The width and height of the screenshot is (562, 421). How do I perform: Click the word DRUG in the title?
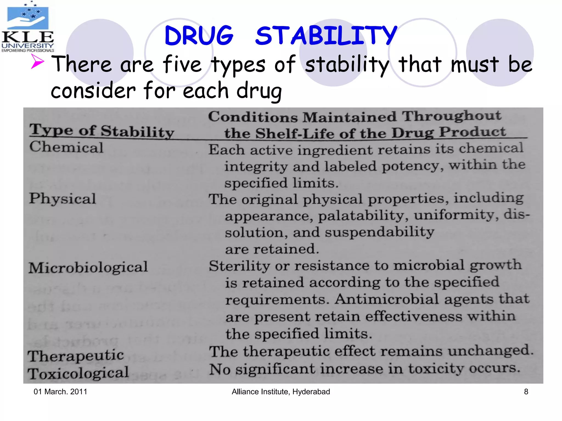pos(199,36)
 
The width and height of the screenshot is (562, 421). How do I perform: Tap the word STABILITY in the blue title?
pos(326,36)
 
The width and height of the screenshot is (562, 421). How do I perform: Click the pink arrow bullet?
pos(37,61)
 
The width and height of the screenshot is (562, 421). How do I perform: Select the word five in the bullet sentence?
pos(182,64)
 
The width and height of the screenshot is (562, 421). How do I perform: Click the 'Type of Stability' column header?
pos(102,131)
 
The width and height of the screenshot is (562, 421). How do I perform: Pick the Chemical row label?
pos(66,147)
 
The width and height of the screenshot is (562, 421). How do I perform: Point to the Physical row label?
pos(63,198)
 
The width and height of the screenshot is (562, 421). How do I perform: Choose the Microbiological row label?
pos(88,268)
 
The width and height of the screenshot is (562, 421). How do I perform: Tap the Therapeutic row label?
pos(76,356)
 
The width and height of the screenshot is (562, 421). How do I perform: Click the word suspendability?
pos(380,232)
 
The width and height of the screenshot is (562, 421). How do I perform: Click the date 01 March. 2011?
pos(60,392)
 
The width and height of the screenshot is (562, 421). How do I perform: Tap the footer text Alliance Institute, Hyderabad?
pos(281,392)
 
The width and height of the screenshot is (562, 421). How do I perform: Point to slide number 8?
pos(526,392)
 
